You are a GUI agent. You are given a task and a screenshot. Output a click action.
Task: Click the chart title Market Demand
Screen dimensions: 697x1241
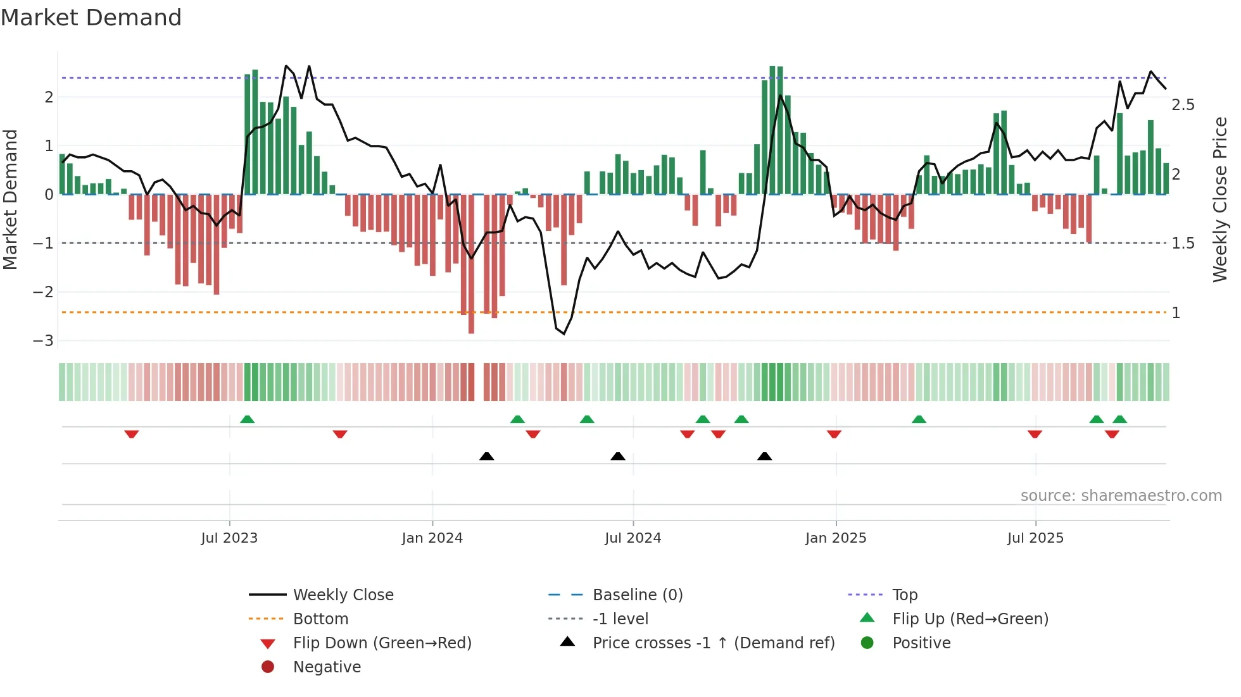pyautogui.click(x=91, y=18)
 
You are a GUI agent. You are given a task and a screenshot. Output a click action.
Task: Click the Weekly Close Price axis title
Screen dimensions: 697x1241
pyautogui.click(x=1219, y=199)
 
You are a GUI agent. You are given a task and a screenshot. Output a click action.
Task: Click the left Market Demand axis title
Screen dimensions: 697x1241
pyautogui.click(x=10, y=199)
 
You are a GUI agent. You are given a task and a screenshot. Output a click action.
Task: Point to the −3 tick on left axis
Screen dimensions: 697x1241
pyautogui.click(x=44, y=341)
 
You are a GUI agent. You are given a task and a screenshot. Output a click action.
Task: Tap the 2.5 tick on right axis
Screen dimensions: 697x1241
pyautogui.click(x=1183, y=105)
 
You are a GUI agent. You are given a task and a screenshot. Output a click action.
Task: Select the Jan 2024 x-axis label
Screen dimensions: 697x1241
pyautogui.click(x=432, y=538)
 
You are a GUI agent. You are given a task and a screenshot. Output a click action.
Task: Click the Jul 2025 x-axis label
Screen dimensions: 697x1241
pyautogui.click(x=1035, y=538)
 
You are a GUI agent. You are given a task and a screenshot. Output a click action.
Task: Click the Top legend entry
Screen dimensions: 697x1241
pyautogui.click(x=904, y=595)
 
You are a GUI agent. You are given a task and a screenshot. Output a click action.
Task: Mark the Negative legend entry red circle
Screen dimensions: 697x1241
pyautogui.click(x=268, y=667)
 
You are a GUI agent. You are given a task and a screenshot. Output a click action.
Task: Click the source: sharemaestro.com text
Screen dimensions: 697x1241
pyautogui.click(x=1121, y=496)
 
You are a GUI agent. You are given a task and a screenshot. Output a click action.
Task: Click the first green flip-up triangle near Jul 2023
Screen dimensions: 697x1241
pyautogui.click(x=248, y=419)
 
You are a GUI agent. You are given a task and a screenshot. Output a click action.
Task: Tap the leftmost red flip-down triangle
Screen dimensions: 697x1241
pyautogui.click(x=132, y=434)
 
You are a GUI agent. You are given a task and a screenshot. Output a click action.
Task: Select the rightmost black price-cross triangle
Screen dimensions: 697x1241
pyautogui.click(x=764, y=456)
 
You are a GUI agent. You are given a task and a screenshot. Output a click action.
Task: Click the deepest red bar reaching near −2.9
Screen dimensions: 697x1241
pyautogui.click(x=471, y=266)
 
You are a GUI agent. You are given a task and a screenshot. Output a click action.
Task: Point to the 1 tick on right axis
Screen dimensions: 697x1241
pyautogui.click(x=1176, y=313)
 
